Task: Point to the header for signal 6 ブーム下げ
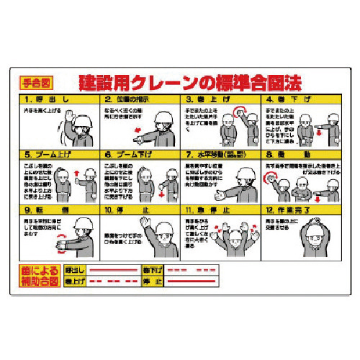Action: pyautogui.click(x=140, y=153)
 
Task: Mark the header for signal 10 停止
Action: pyautogui.click(x=140, y=210)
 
